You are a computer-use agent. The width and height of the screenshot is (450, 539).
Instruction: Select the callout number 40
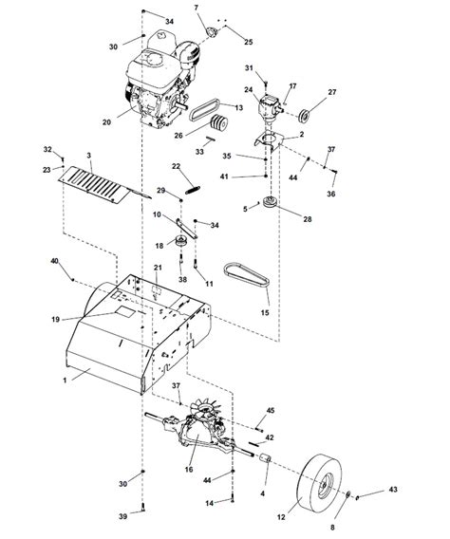(x=54, y=260)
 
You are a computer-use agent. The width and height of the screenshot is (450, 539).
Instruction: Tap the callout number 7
(x=197, y=9)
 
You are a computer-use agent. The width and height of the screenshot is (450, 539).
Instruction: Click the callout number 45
(x=271, y=410)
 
